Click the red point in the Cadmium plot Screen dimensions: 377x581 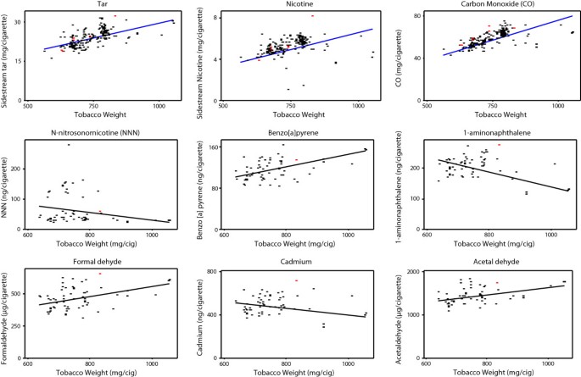point(297,280)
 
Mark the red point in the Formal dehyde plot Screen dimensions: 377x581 point(100,274)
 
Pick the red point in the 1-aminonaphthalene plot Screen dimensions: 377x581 point(500,145)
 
